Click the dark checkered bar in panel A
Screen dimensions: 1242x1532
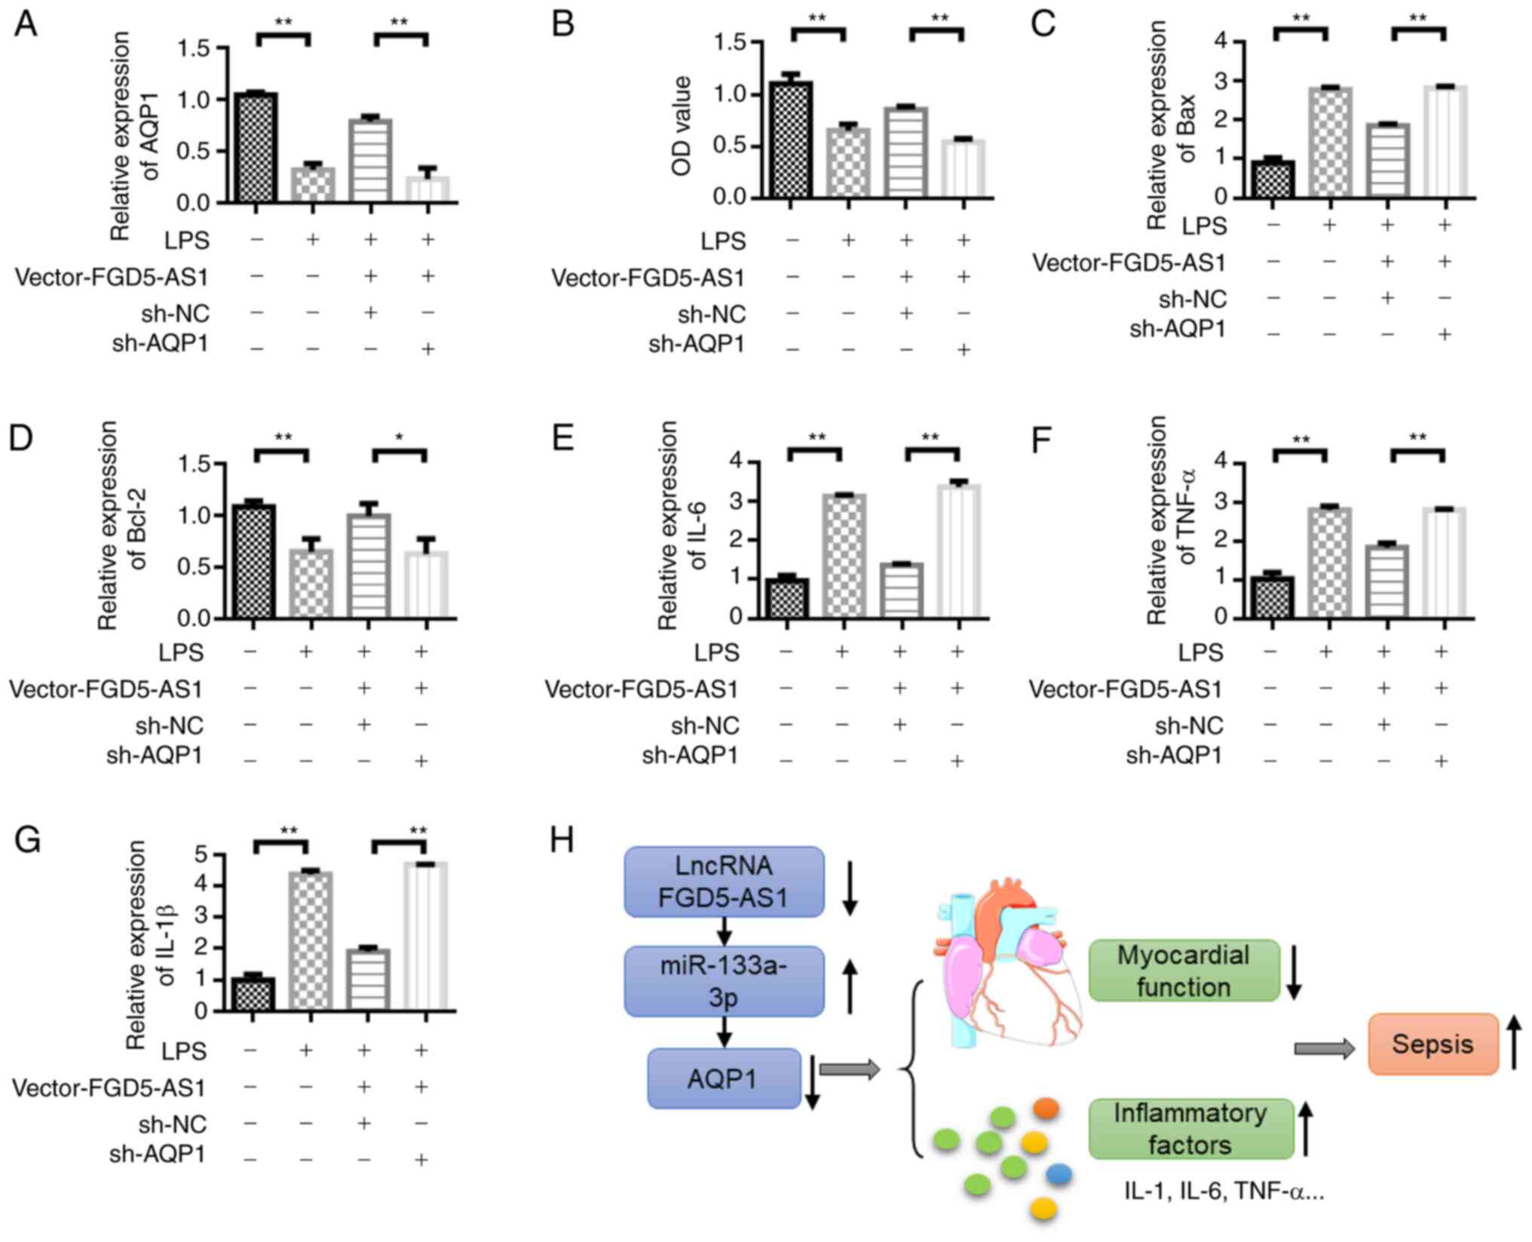(256, 147)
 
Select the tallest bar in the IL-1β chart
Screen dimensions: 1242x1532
(426, 936)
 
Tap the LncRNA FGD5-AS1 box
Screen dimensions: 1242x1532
(724, 882)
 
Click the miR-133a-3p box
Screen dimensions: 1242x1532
(724, 981)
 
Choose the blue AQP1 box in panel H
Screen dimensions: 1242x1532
(724, 1078)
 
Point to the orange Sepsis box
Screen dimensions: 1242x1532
(1432, 1044)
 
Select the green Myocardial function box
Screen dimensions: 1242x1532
(1184, 971)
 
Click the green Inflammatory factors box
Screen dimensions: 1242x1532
(1190, 1129)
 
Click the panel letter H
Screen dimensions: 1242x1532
(562, 839)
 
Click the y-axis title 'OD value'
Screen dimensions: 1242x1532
(682, 127)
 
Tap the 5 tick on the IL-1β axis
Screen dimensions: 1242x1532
(201, 855)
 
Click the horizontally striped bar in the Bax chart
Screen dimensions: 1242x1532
(1387, 159)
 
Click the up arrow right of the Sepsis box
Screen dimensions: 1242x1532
(1515, 1043)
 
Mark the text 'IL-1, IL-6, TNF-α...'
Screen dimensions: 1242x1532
(1224, 1191)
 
